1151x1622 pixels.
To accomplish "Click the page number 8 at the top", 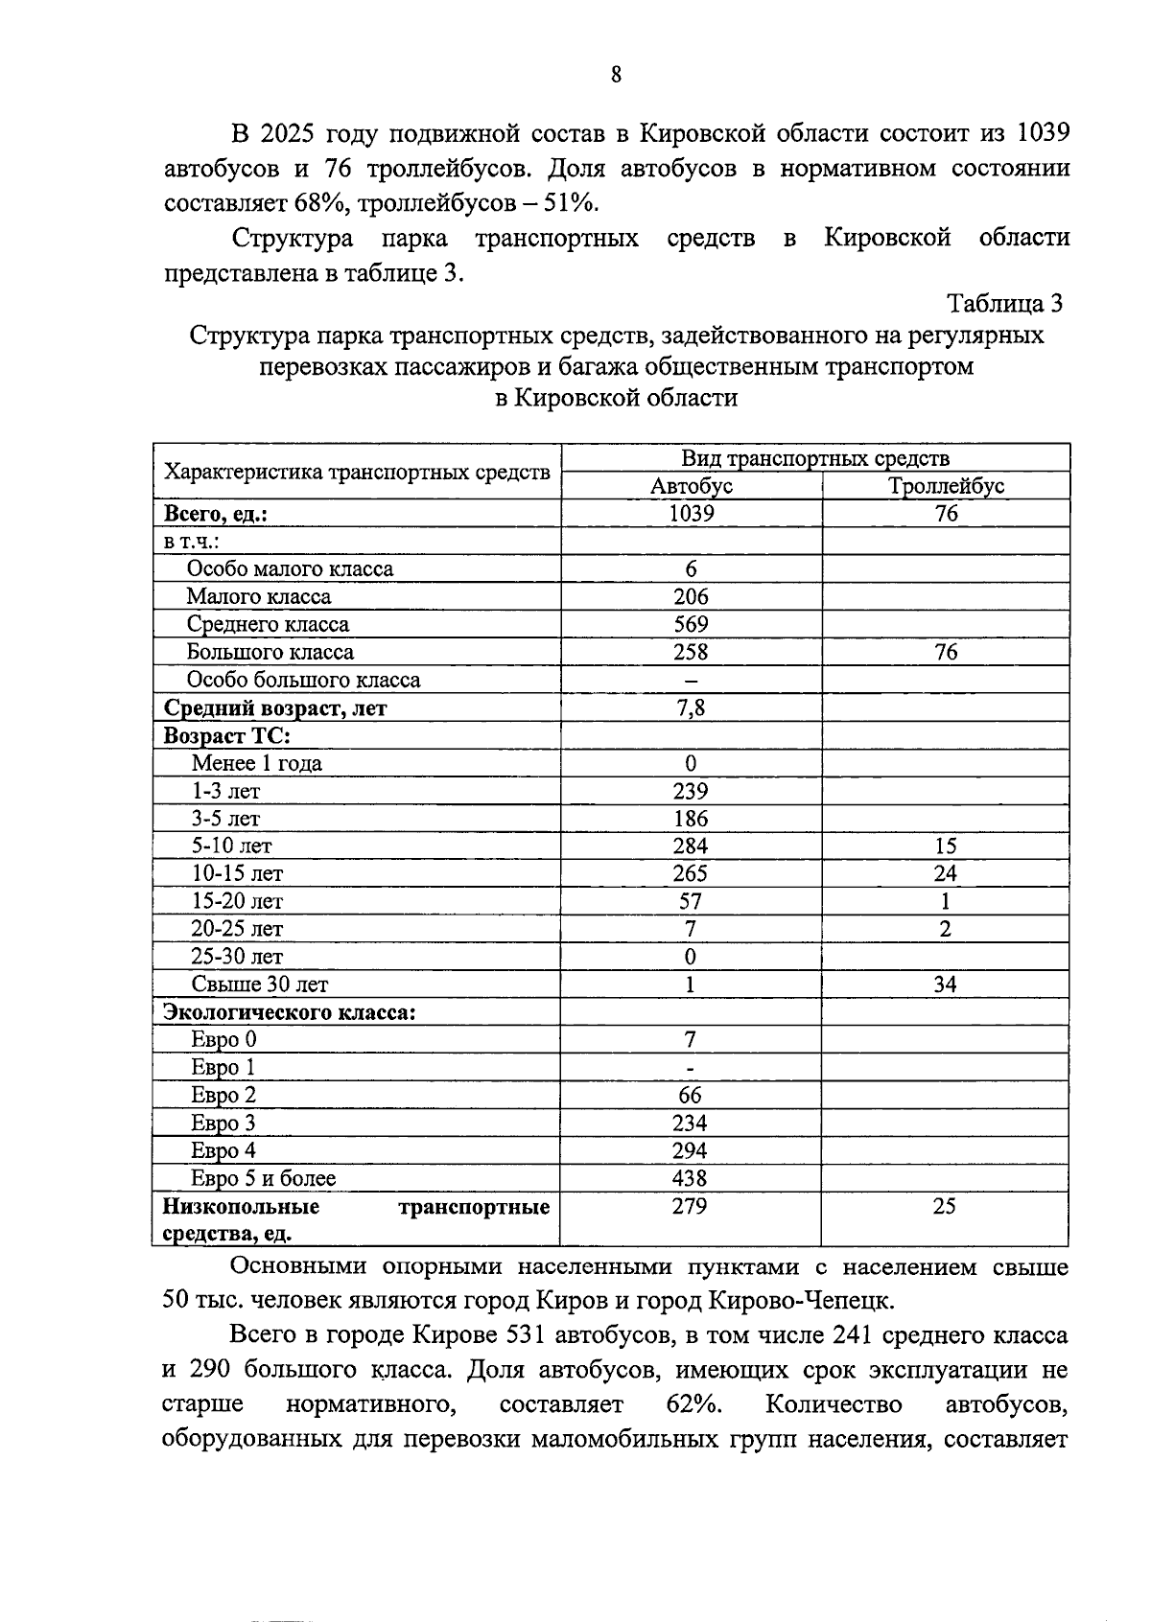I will (615, 75).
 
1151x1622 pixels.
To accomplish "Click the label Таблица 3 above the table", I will (1004, 304).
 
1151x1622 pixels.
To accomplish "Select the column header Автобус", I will (691, 486).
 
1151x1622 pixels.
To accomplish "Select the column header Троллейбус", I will (946, 486).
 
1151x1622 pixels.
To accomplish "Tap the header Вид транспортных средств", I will (814, 458).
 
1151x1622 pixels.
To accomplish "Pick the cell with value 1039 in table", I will (691, 514).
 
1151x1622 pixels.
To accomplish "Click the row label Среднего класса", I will (268, 625).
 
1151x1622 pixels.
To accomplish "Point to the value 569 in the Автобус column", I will (691, 625).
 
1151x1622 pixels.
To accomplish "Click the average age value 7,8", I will (691, 708).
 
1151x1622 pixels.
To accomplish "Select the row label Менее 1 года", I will (256, 764).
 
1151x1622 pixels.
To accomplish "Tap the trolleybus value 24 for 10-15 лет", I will (946, 874).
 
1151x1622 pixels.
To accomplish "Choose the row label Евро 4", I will (223, 1151).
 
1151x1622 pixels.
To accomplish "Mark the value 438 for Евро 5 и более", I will (691, 1179).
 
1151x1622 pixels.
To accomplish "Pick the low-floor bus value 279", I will (690, 1207).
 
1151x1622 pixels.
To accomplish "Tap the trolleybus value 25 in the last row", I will (945, 1207).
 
